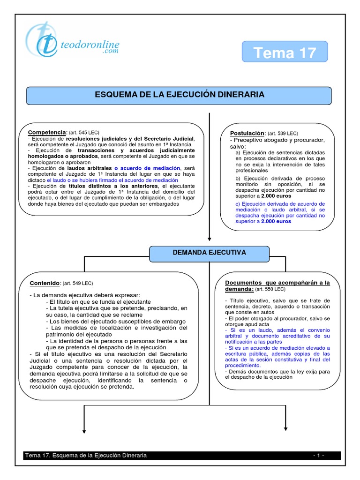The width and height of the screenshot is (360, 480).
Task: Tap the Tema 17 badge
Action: (x=285, y=52)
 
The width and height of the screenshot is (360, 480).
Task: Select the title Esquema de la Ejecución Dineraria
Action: (x=180, y=95)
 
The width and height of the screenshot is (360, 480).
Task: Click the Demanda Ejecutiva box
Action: (x=210, y=253)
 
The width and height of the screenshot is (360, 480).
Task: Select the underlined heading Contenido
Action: (x=45, y=284)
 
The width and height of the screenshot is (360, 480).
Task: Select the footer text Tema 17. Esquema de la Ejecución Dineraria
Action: (x=86, y=455)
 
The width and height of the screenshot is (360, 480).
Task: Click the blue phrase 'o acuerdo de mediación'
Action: (x=147, y=168)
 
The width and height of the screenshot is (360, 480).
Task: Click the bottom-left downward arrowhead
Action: (x=84, y=430)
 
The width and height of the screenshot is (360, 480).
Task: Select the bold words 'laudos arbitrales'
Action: (x=89, y=168)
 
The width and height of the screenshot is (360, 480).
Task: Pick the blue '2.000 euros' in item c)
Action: (x=276, y=221)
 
